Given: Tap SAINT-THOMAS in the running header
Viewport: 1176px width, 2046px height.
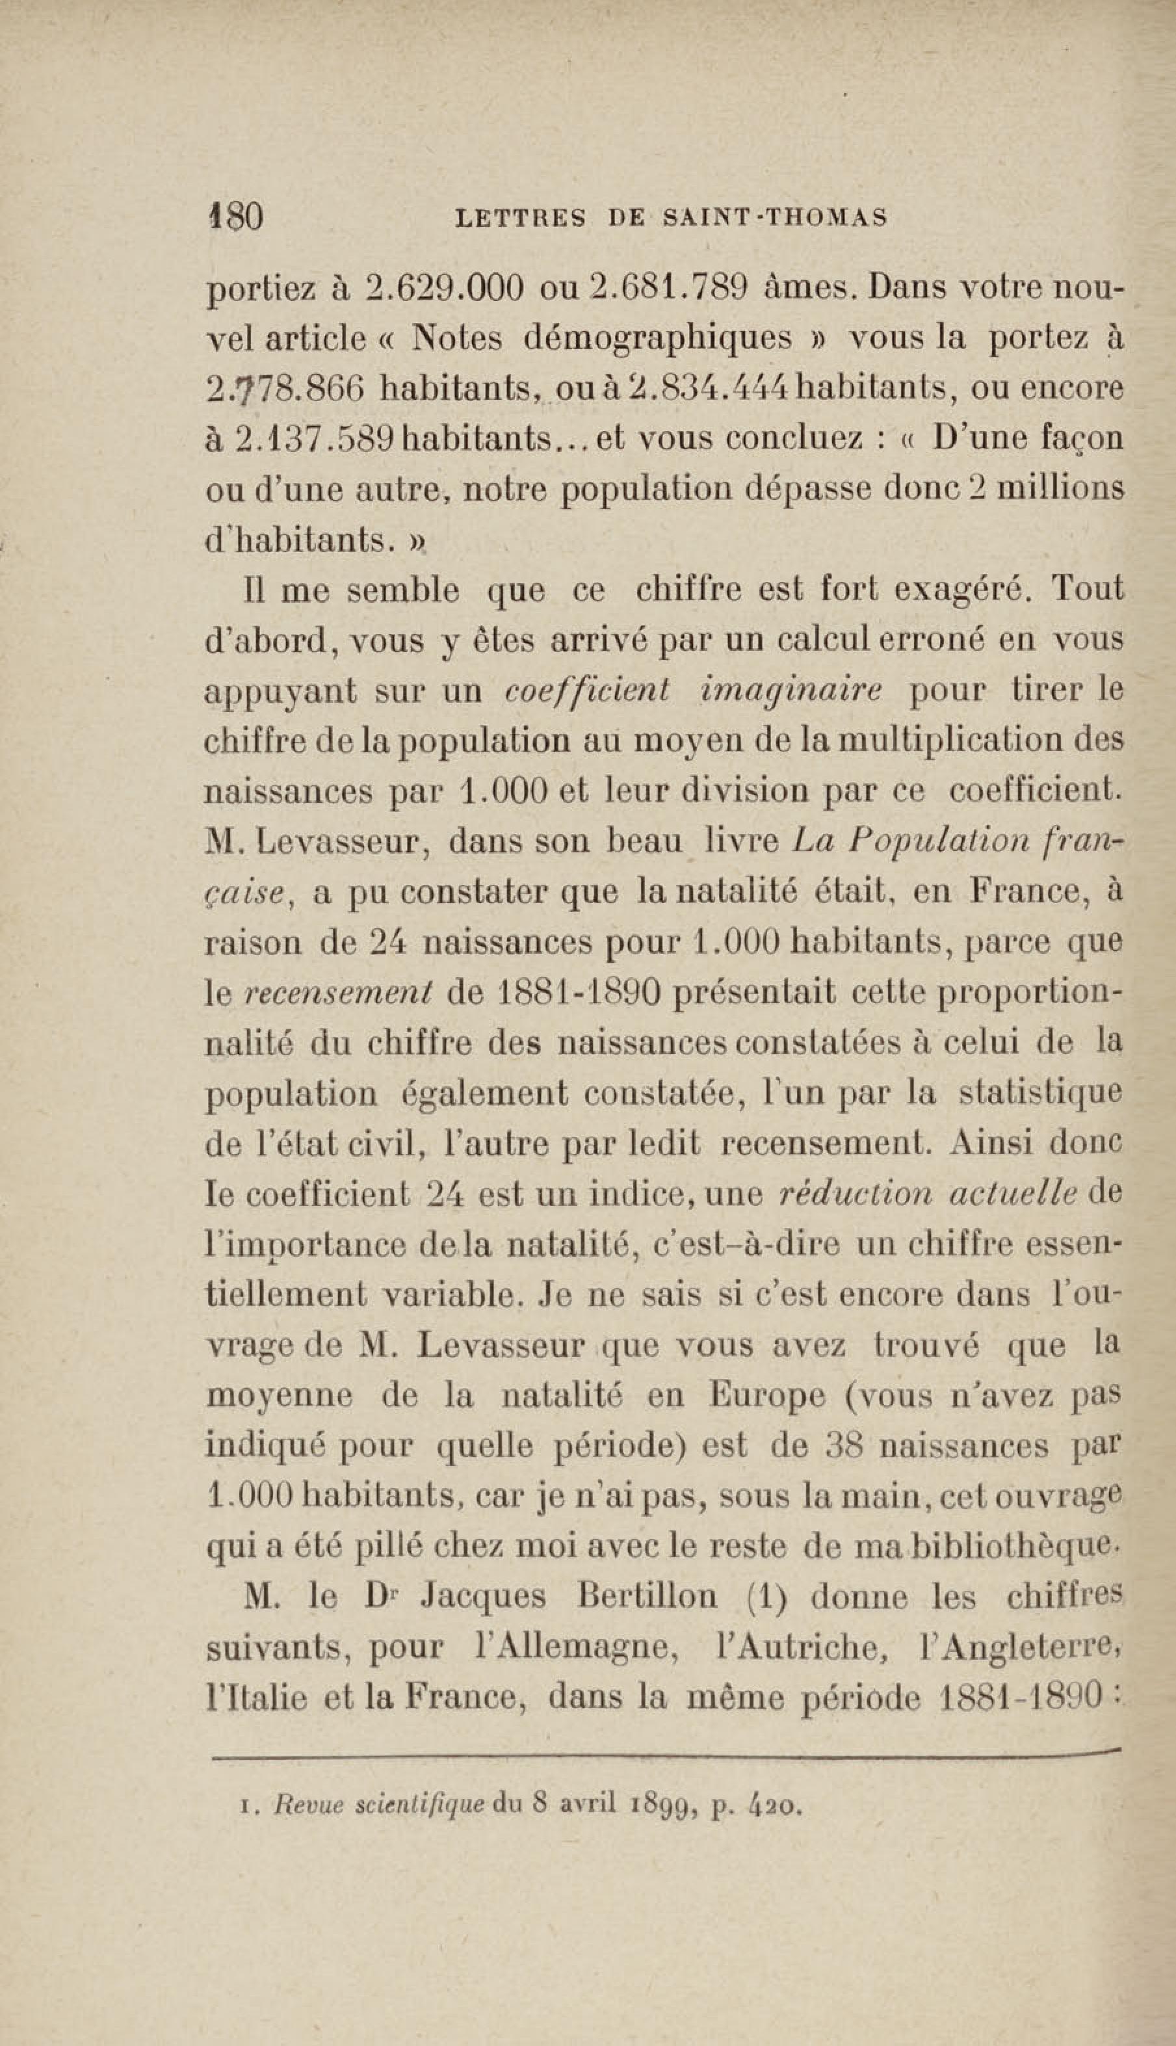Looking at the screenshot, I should point(774,217).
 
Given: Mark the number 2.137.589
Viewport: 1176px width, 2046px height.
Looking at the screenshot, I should point(316,440).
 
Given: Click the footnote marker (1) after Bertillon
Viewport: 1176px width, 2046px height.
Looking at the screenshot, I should point(764,1597).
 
